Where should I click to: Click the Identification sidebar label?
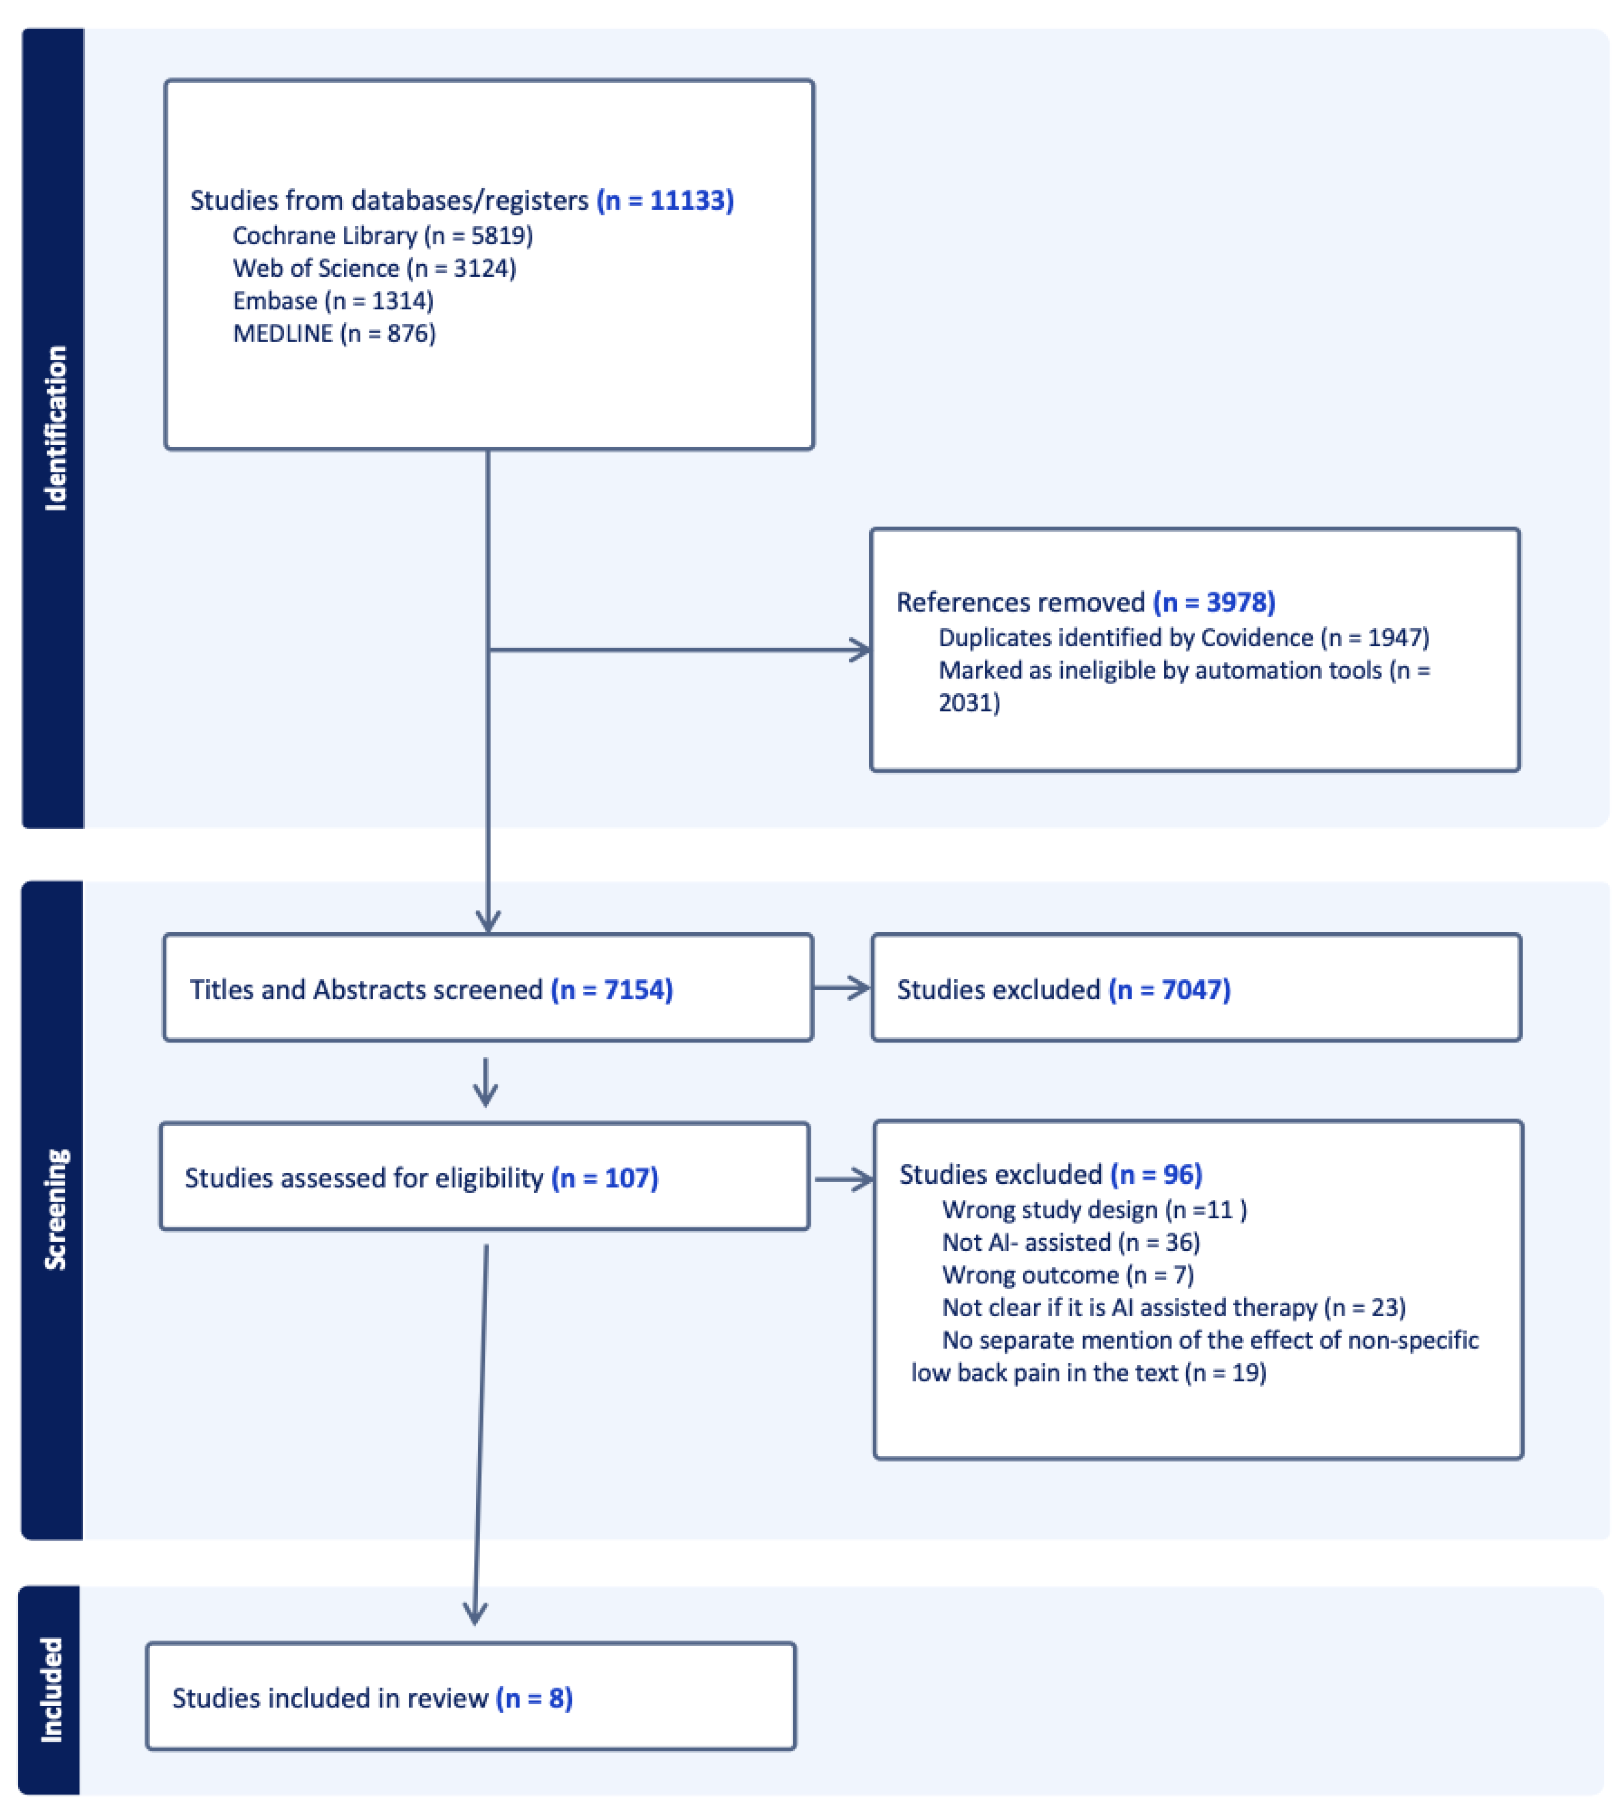pyautogui.click(x=55, y=427)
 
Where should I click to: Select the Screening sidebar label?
pyautogui.click(x=55, y=1208)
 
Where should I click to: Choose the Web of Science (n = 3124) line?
pyautogui.click(x=374, y=268)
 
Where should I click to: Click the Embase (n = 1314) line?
pyautogui.click(x=333, y=300)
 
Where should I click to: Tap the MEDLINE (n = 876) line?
pyautogui.click(x=334, y=333)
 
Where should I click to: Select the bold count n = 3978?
pyautogui.click(x=1214, y=602)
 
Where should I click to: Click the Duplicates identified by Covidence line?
pyautogui.click(x=1184, y=638)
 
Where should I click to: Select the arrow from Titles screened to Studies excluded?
pyautogui.click(x=842, y=988)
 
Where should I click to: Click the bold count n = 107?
pyautogui.click(x=605, y=1178)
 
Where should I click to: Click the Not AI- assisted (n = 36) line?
pyautogui.click(x=1071, y=1242)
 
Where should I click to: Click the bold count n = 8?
pyautogui.click(x=534, y=1698)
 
